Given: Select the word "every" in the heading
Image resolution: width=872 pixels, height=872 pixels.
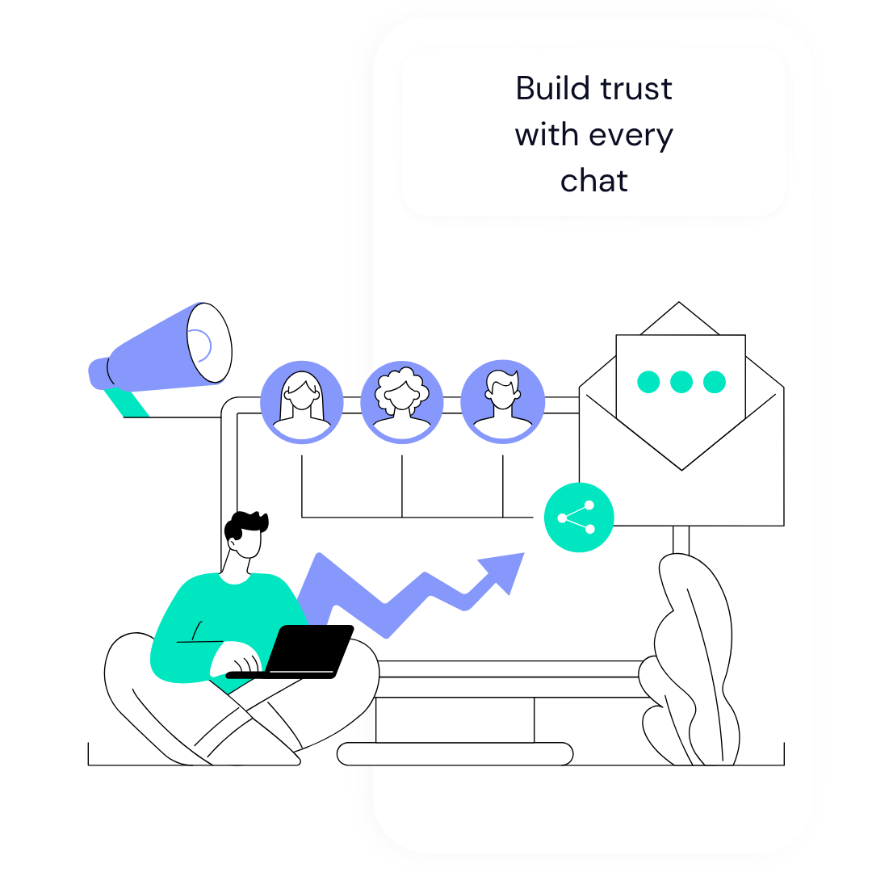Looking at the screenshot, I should tap(632, 135).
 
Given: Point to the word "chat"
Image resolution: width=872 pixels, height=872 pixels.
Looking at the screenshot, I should tap(594, 181).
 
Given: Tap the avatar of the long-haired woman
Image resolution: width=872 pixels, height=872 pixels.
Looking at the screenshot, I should tap(302, 401).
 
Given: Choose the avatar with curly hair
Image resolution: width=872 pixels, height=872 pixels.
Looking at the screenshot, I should tap(402, 401).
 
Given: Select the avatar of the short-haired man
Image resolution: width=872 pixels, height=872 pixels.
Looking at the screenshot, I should tap(502, 401).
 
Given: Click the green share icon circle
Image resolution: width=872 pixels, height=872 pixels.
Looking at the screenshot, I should tap(579, 518).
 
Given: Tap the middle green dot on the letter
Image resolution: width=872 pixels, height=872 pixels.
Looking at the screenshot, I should tap(681, 382).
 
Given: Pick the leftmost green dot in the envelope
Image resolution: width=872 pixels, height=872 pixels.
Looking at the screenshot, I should tap(648, 382).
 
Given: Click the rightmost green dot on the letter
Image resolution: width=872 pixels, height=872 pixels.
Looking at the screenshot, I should tap(715, 382).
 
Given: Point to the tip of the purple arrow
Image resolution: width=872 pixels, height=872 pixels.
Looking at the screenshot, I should tap(521, 555).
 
